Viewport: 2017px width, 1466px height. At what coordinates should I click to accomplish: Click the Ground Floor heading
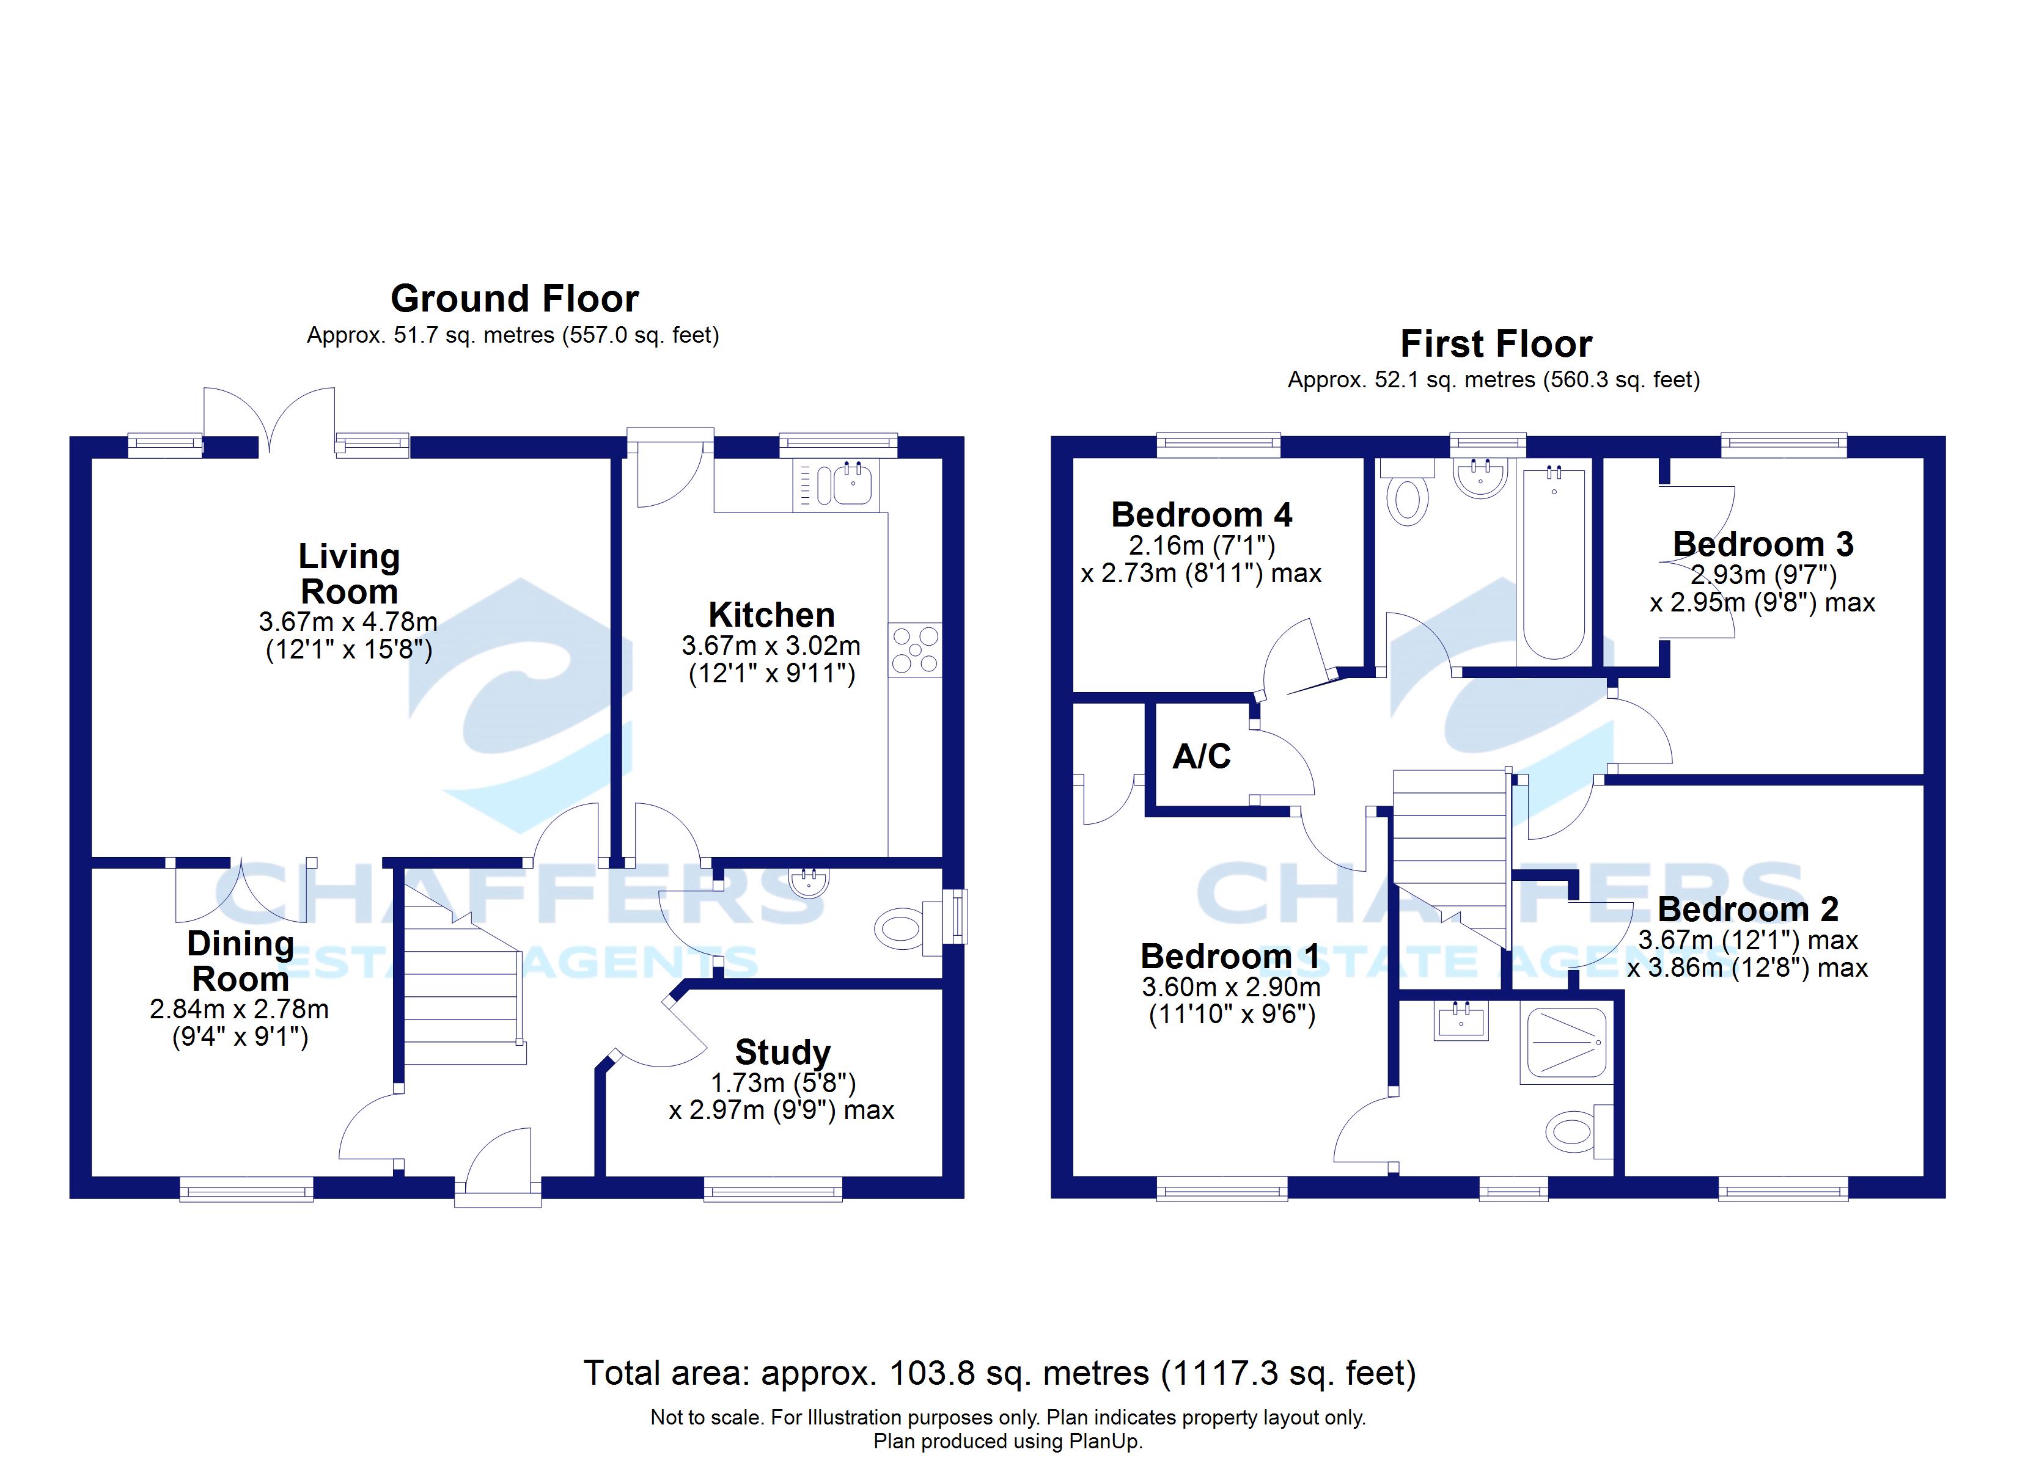point(514,299)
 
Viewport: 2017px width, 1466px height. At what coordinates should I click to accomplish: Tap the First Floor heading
point(1495,344)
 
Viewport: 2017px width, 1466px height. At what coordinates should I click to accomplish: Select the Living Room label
point(348,574)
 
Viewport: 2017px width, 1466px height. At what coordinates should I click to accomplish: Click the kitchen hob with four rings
point(914,649)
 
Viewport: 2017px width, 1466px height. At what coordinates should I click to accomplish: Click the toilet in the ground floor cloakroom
point(899,930)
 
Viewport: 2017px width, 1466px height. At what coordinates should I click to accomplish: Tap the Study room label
point(782,1052)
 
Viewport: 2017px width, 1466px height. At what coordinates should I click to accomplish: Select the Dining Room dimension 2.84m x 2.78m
point(239,1009)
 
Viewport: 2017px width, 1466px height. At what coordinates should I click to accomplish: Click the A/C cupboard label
point(1202,757)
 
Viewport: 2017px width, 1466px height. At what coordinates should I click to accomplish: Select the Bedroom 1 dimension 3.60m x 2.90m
point(1231,987)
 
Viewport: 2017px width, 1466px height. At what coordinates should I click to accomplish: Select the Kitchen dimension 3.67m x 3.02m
point(771,646)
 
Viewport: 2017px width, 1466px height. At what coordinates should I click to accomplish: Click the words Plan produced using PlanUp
point(1008,1441)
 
